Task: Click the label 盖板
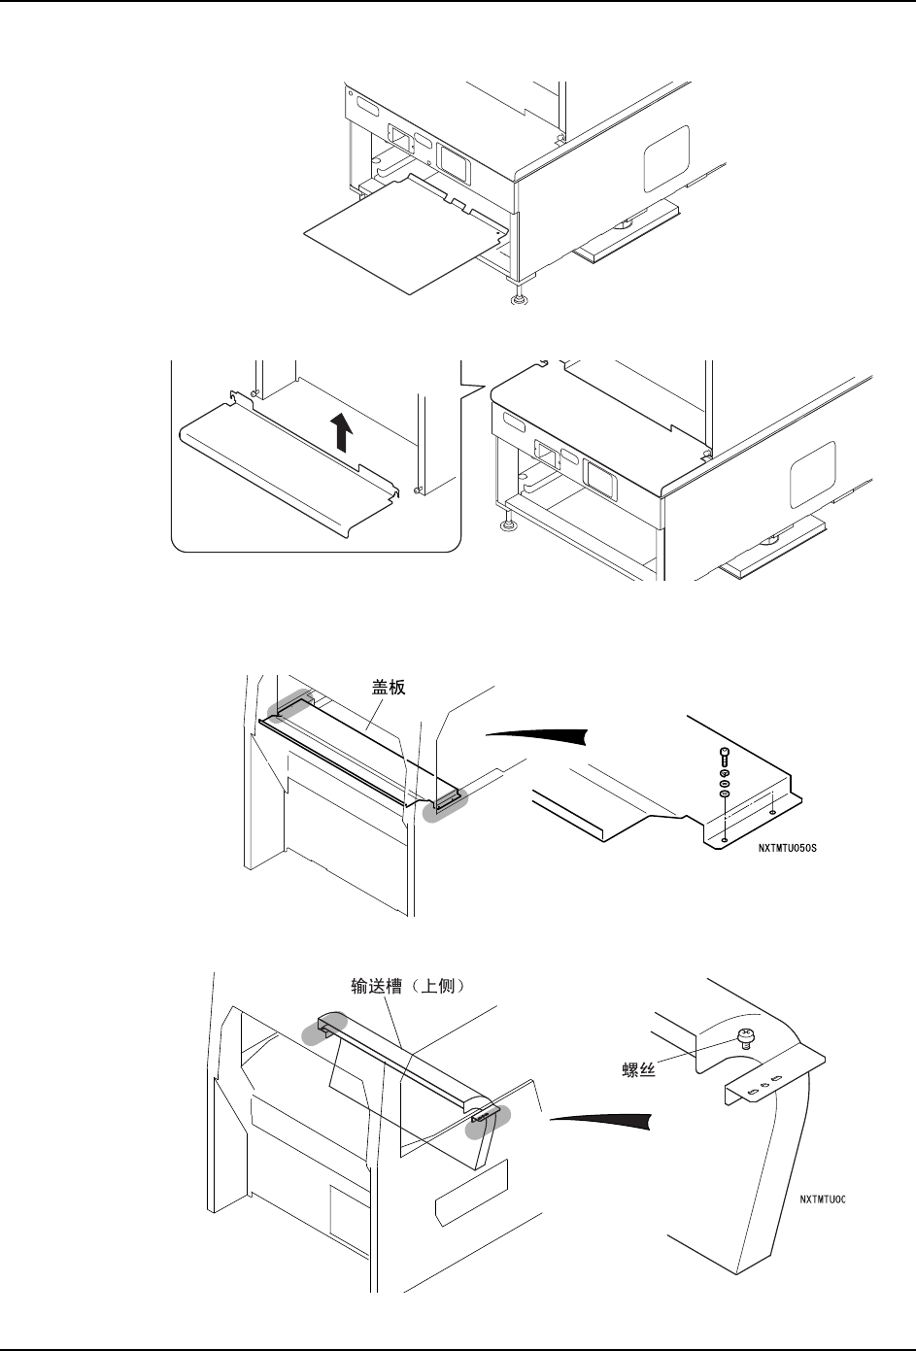(387, 687)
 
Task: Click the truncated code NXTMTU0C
(823, 1199)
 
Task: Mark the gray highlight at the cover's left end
(288, 706)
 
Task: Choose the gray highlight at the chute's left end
(322, 1029)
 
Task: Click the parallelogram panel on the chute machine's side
(471, 1201)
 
